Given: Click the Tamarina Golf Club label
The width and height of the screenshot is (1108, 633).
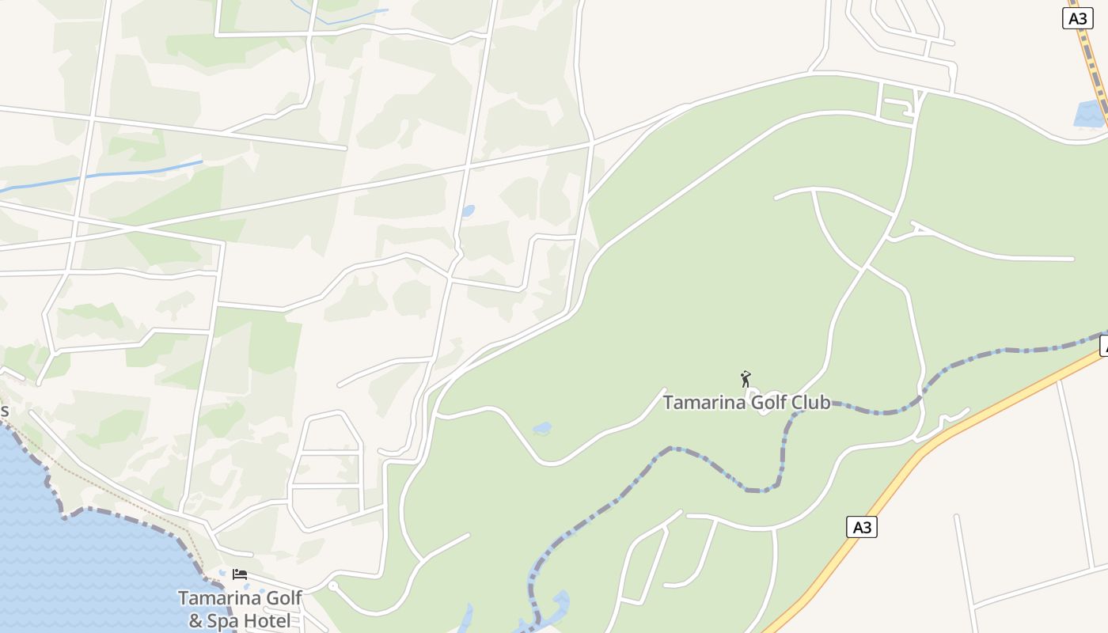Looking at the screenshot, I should (x=746, y=402).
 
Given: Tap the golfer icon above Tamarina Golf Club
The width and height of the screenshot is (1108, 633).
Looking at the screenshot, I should (x=745, y=379).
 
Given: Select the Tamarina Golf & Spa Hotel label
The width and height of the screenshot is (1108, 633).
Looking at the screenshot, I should (x=240, y=609).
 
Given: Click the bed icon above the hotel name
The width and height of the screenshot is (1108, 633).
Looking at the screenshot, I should (x=240, y=574).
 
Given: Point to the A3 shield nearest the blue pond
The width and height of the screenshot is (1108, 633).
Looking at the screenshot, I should (x=1077, y=18).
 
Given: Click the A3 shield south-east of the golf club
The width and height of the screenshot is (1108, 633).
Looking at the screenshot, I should (x=862, y=527).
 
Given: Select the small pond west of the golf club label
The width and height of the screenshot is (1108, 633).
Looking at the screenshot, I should (x=543, y=428).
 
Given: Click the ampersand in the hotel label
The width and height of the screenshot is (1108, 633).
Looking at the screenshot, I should (x=196, y=620).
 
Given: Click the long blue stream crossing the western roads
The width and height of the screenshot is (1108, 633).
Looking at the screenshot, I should (x=119, y=173).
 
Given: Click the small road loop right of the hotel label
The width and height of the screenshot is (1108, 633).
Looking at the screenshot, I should (x=333, y=586).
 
